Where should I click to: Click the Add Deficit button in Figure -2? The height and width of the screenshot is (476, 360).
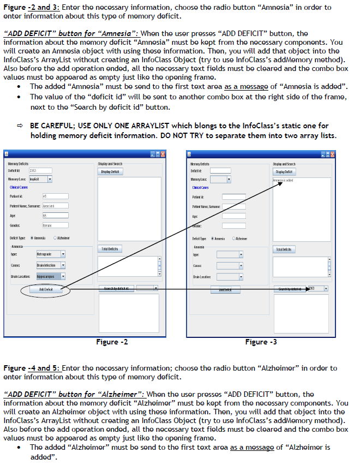tap(46, 290)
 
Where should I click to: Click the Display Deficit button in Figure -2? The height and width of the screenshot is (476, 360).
tap(111, 171)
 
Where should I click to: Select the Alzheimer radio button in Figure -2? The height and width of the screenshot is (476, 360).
tap(55, 238)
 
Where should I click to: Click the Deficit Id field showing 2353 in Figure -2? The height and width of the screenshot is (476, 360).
tap(40, 170)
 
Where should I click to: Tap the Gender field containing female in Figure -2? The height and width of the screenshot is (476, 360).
tap(55, 225)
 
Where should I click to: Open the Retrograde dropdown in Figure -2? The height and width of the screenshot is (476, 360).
tap(51, 254)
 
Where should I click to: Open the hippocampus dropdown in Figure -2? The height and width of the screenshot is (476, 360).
tap(51, 276)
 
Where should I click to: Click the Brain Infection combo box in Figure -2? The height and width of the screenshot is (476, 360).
tap(51, 265)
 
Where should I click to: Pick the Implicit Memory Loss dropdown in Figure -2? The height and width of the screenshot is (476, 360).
tap(40, 179)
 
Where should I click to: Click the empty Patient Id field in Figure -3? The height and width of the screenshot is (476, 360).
tap(233, 197)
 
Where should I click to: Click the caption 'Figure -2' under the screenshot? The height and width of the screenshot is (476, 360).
tap(112, 342)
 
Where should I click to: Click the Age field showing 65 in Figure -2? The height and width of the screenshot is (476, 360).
tap(55, 216)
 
